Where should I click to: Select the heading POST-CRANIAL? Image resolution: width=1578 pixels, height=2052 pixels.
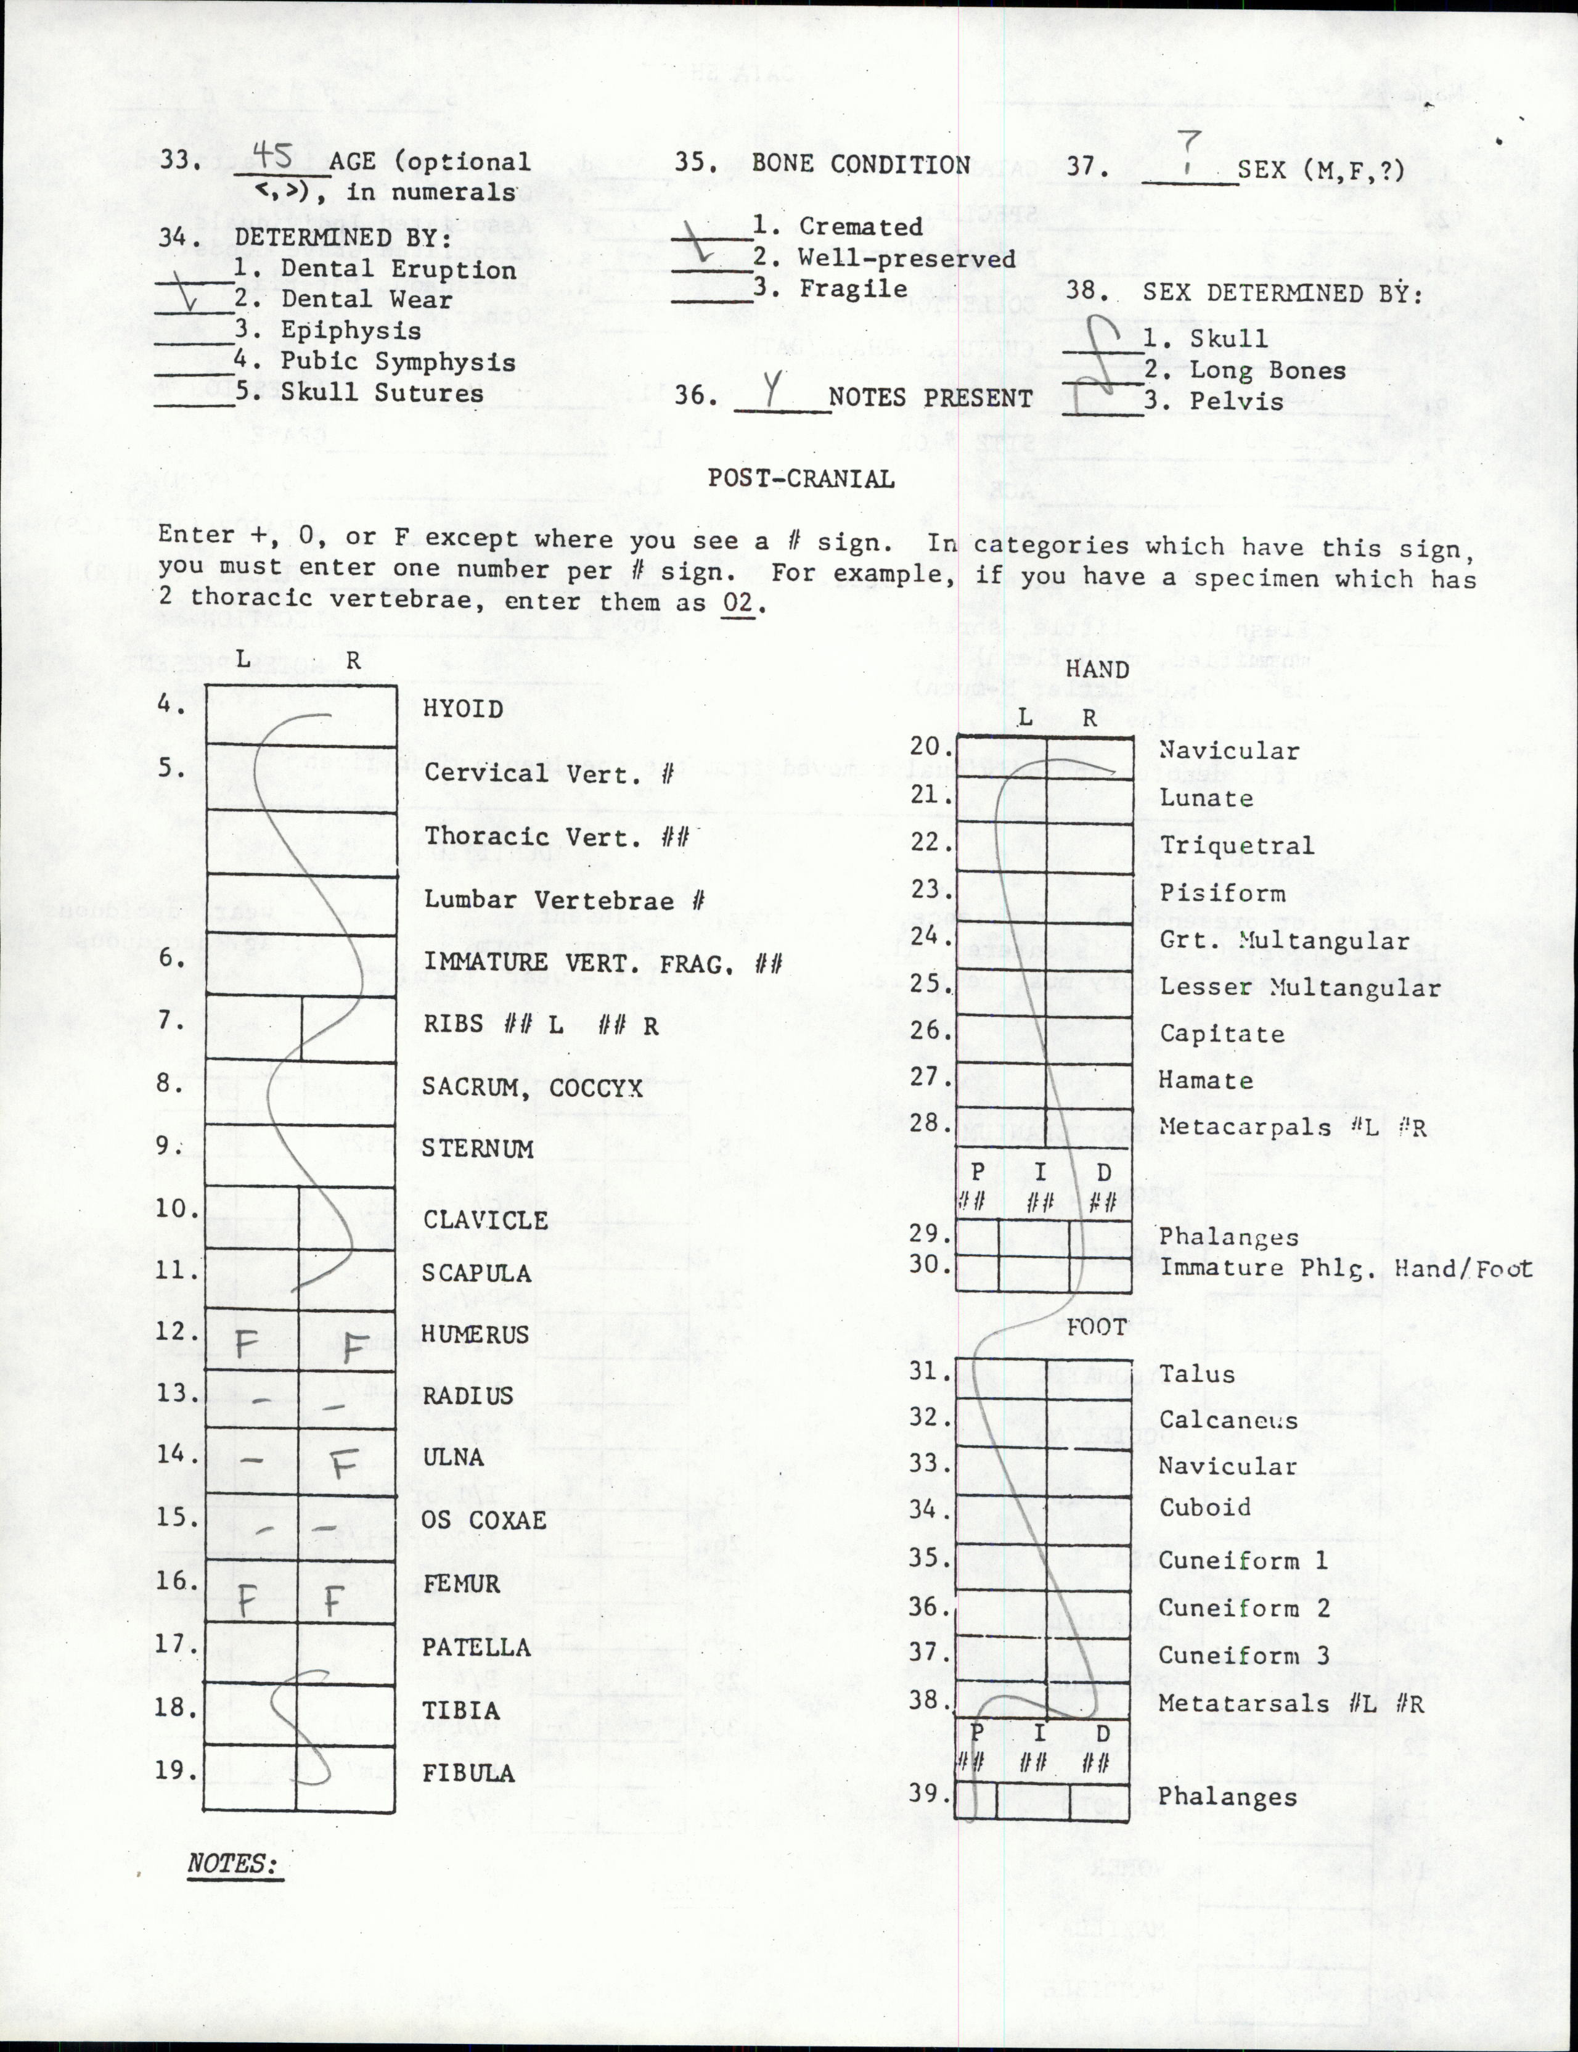click(x=800, y=478)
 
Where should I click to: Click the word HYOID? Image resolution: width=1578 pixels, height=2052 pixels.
click(x=462, y=708)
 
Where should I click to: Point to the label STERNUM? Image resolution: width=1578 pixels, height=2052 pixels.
click(x=477, y=1148)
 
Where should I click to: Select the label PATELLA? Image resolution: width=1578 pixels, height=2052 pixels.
click(x=475, y=1647)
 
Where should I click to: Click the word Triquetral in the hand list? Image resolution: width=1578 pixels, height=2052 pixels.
click(x=1236, y=845)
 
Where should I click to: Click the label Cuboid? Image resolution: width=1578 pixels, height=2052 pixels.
click(x=1205, y=1508)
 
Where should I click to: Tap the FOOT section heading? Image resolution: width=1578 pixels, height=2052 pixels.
click(x=1096, y=1328)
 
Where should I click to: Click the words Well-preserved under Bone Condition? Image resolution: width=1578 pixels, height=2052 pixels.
click(x=906, y=258)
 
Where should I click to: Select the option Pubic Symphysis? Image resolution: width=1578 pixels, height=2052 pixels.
click(x=398, y=362)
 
